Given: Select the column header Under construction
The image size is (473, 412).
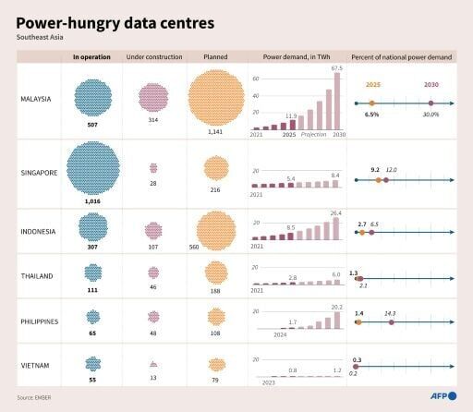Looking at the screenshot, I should [x=152, y=57].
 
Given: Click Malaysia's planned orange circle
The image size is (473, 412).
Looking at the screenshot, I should [x=215, y=97].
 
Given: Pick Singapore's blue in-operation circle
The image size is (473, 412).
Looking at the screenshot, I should [x=92, y=166].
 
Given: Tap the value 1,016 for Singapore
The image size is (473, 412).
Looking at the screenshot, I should [x=92, y=200].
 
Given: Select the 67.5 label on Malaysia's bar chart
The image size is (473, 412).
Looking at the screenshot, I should [x=336, y=67].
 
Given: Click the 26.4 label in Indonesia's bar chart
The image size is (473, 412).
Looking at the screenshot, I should [x=336, y=212].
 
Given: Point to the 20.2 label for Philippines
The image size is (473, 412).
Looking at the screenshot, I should [x=336, y=307].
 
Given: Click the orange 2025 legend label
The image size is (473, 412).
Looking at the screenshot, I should [x=372, y=84].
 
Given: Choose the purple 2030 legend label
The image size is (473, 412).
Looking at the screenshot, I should [x=431, y=84].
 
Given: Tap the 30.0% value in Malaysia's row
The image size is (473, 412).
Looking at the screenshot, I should [x=431, y=115].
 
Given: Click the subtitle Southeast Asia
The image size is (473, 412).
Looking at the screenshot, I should [x=42, y=38].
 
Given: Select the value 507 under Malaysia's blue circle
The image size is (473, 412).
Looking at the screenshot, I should [x=92, y=122].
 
